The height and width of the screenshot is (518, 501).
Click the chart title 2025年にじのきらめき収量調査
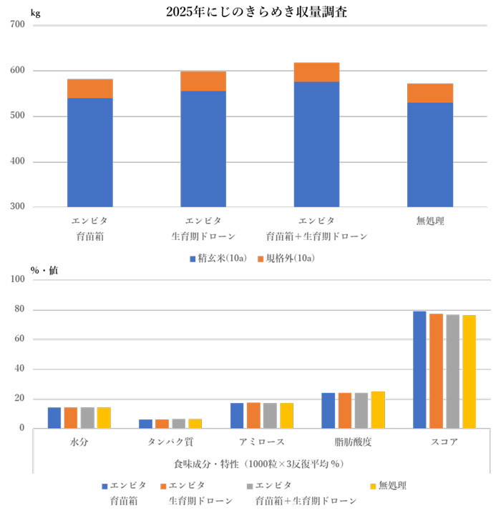tap(256, 11)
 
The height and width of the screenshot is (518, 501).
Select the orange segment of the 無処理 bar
tap(430, 93)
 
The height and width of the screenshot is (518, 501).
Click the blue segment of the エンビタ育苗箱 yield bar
tap(90, 152)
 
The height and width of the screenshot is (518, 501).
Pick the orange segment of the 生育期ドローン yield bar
tap(203, 81)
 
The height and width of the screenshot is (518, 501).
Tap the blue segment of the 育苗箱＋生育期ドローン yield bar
tap(316, 144)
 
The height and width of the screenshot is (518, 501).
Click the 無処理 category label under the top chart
tap(430, 221)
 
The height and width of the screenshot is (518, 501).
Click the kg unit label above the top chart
tap(35, 13)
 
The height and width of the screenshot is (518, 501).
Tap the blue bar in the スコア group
tap(419, 369)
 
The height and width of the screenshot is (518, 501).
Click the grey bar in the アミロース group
tap(270, 415)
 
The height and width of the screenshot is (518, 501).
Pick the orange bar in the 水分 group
tap(71, 417)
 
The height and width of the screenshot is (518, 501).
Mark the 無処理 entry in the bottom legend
tap(392, 486)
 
